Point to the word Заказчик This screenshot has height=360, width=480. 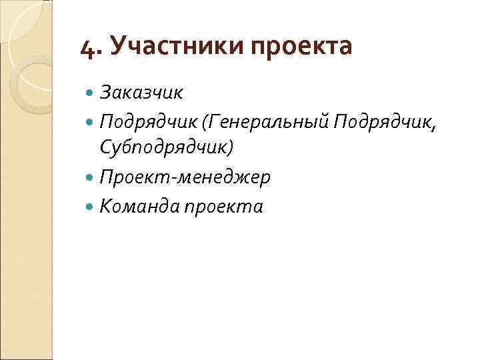(142, 90)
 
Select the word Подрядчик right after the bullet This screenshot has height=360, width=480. (149, 121)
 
